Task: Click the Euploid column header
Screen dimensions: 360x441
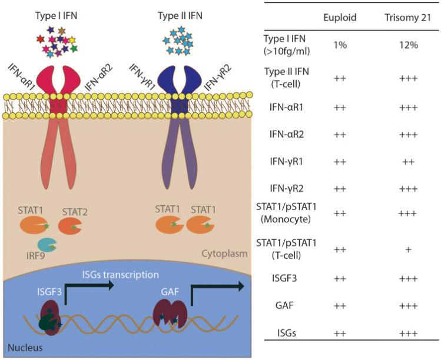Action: pos(340,17)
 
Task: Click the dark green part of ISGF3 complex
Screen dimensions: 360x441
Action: pos(45,325)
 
